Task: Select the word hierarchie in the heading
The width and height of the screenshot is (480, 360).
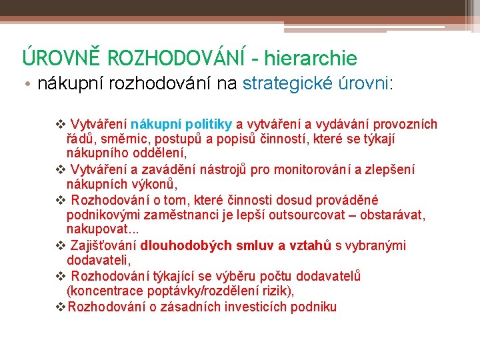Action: [310, 59]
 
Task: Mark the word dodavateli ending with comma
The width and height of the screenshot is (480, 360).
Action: [99, 261]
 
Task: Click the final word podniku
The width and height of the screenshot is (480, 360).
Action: [313, 307]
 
